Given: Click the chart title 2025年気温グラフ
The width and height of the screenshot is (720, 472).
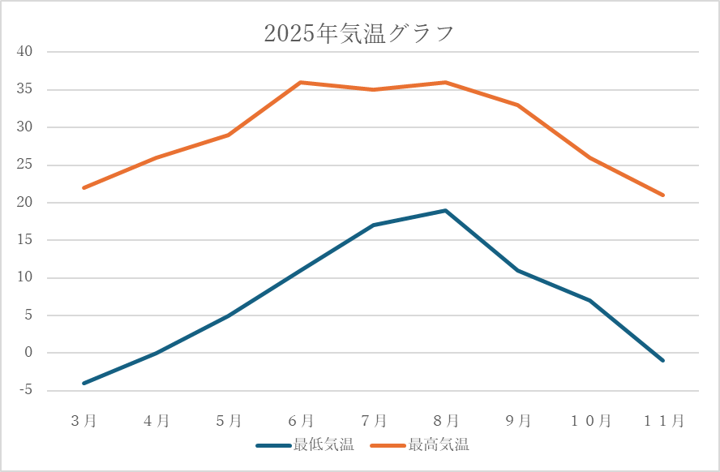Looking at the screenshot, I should [x=359, y=33].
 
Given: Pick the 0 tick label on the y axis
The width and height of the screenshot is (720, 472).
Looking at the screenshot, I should [x=28, y=354].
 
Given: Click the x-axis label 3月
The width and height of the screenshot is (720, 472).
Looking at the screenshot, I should [x=84, y=420].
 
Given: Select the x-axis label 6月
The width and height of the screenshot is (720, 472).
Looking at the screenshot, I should [x=301, y=420].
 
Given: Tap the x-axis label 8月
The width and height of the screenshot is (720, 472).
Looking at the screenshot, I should [x=445, y=420].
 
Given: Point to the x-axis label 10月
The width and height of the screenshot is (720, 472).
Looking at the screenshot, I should [x=590, y=420].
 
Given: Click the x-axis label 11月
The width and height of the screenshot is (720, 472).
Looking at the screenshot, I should [x=663, y=420].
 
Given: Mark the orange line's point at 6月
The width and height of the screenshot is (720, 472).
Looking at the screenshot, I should [x=301, y=82].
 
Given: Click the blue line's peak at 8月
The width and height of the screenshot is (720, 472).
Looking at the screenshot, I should [x=445, y=210].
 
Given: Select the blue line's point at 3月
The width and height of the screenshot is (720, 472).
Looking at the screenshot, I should [x=84, y=383].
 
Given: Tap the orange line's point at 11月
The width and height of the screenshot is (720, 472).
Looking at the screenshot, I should [x=663, y=195].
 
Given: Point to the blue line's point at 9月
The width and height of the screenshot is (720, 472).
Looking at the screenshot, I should [x=518, y=270].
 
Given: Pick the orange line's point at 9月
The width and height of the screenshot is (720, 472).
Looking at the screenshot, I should [x=518, y=105].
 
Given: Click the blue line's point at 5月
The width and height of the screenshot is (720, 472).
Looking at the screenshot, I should [x=229, y=315].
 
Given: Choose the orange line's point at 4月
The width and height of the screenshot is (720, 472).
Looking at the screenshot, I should [x=156, y=157].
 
